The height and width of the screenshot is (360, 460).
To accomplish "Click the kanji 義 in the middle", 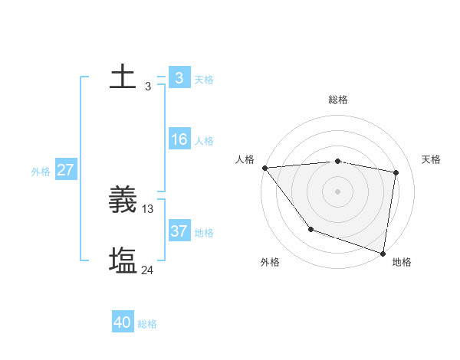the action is (123, 201).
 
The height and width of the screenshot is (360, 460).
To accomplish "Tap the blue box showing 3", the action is (179, 78).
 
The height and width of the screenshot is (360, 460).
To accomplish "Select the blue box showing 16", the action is (179, 139).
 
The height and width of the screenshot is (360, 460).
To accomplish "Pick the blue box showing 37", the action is (179, 231).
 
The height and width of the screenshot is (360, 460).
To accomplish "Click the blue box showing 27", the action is (65, 170).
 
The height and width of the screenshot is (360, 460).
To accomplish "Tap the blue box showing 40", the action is (123, 322).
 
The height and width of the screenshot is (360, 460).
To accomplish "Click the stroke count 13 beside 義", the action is (148, 209).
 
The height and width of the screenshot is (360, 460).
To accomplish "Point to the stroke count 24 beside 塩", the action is (148, 270).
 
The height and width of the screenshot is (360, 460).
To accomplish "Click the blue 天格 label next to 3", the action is (204, 80).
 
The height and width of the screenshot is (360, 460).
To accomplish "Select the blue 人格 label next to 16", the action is (204, 141).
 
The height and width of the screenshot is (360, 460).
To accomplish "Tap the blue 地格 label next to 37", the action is (204, 232).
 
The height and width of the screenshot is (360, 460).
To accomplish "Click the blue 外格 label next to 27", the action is (41, 172).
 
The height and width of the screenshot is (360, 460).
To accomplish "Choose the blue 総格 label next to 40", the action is (147, 324).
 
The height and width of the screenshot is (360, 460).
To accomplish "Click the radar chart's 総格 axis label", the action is (338, 100).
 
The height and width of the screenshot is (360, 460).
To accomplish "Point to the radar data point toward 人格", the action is (264, 168).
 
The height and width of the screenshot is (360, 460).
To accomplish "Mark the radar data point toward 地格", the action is (383, 252).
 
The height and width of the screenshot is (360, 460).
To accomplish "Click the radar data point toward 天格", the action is (396, 172).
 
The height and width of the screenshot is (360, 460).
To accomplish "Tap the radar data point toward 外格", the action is (310, 229).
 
